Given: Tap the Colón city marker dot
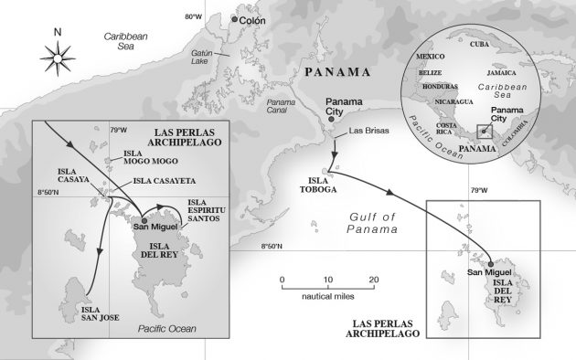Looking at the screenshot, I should click(236, 19).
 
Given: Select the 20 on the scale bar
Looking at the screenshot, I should click(373, 279).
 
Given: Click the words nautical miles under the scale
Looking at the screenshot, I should click(326, 297).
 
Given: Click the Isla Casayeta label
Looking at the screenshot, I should click(163, 180).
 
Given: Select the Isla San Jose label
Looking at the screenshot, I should click(88, 314).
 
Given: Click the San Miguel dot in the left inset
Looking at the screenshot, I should click(144, 219).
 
